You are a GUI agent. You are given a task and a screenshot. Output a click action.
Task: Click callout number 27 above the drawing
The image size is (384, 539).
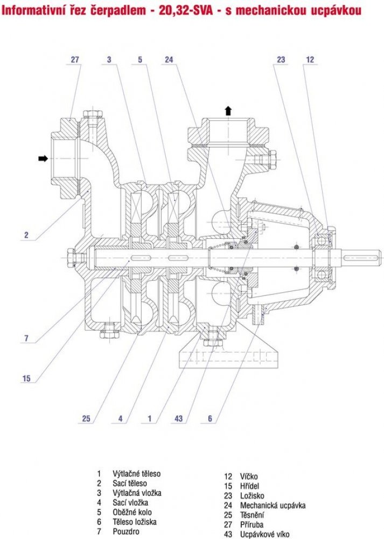click(75, 60)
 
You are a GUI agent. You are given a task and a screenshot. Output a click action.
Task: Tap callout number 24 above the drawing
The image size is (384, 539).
click(169, 60)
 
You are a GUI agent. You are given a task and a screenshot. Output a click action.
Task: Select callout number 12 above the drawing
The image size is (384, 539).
click(310, 60)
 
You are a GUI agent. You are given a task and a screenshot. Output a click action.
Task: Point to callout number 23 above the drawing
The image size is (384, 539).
click(281, 60)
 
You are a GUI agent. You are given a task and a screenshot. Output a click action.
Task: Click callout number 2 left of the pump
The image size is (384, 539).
click(26, 234)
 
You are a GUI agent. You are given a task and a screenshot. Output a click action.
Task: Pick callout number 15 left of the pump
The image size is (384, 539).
click(26, 378)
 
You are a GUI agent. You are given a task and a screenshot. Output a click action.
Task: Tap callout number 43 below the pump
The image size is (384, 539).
click(179, 418)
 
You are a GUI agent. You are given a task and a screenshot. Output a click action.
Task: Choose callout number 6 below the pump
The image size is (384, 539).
click(210, 418)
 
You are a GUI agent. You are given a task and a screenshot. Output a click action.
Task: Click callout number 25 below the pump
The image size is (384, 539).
click(86, 418)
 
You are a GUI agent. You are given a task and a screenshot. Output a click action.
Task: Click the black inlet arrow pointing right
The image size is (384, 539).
click(43, 158)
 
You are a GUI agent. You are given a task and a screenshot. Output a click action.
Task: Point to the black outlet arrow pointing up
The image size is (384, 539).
click(228, 110)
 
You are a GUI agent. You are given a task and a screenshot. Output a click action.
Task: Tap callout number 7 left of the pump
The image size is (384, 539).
click(26, 338)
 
